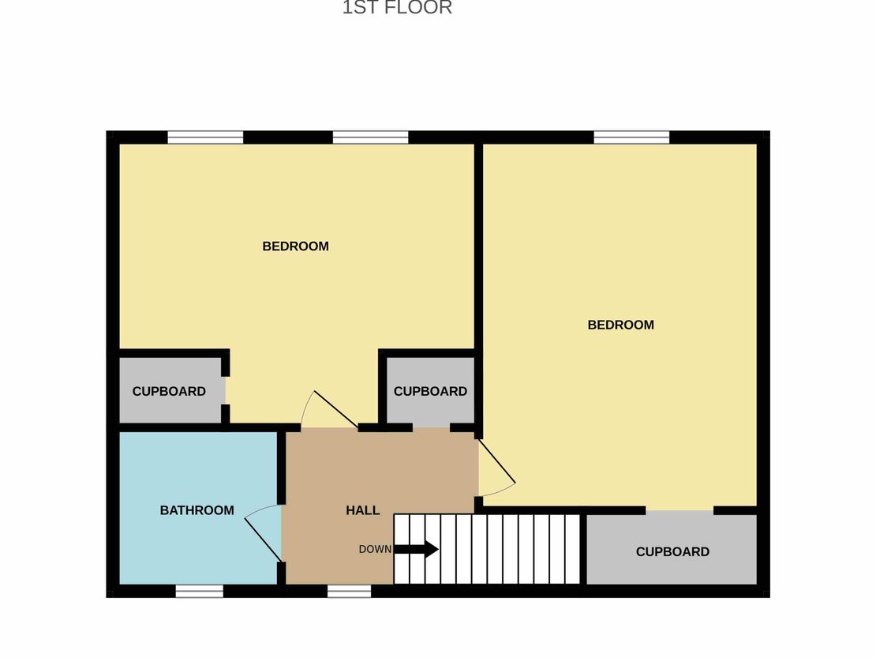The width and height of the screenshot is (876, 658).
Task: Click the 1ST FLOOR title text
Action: (x=397, y=7)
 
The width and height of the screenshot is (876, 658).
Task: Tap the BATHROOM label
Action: (x=197, y=510)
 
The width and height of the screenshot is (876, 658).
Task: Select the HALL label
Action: (x=362, y=510)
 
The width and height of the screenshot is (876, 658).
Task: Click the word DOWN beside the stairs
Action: (x=375, y=550)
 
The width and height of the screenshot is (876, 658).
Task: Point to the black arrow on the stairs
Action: (x=416, y=550)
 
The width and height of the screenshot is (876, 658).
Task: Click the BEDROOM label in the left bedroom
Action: (x=295, y=246)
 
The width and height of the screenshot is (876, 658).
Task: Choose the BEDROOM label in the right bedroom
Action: (x=620, y=325)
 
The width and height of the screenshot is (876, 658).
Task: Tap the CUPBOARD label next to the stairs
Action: (x=672, y=552)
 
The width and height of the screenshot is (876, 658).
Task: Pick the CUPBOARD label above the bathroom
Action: (x=169, y=391)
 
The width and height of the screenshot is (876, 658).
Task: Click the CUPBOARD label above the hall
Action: (x=430, y=391)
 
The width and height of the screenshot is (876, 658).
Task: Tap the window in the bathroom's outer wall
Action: (x=200, y=591)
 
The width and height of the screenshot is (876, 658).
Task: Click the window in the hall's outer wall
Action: (x=349, y=591)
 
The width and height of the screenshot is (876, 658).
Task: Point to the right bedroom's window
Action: (x=631, y=137)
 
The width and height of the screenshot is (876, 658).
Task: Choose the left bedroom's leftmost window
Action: (x=206, y=137)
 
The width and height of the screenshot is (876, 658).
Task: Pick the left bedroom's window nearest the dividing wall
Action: (x=370, y=137)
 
